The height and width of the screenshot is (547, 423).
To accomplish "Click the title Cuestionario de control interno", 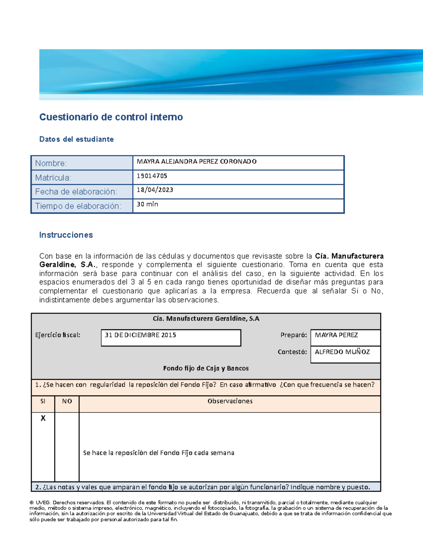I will pyautogui.click(x=111, y=117).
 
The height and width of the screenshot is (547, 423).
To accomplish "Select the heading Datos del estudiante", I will pyautogui.click(x=76, y=139).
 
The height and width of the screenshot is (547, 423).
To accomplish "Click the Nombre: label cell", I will pyautogui.click(x=82, y=163).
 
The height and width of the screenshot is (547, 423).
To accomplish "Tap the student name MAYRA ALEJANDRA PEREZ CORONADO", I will pyautogui.click(x=197, y=162).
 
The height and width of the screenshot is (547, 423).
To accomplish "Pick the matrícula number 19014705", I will pyautogui.click(x=152, y=176).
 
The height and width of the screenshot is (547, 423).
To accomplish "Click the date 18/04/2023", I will pyautogui.click(x=155, y=190).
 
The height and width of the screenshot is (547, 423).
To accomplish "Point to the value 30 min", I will pyautogui.click(x=147, y=204).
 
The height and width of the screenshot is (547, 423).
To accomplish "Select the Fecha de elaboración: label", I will pyautogui.click(x=76, y=192).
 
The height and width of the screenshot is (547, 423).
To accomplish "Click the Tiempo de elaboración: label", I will pyautogui.click(x=78, y=206).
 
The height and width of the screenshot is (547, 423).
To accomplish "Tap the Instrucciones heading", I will pyautogui.click(x=66, y=235).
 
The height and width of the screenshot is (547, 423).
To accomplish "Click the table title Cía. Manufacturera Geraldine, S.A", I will pyautogui.click(x=206, y=319).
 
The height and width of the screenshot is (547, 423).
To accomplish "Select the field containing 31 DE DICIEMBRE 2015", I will pyautogui.click(x=171, y=337).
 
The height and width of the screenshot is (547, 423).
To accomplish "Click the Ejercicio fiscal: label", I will pyautogui.click(x=58, y=335).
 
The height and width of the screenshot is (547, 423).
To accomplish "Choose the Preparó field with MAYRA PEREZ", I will pyautogui.click(x=345, y=337).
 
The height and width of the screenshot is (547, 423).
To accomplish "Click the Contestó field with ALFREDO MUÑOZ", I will pyautogui.click(x=345, y=354).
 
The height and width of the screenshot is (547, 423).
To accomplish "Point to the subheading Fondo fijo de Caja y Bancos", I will pyautogui.click(x=206, y=368).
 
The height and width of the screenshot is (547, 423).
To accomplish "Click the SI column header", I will pyautogui.click(x=43, y=401).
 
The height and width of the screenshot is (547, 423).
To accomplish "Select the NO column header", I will pyautogui.click(x=67, y=401).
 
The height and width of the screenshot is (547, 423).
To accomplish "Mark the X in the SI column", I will pyautogui.click(x=43, y=418).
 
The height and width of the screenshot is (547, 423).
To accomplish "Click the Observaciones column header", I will pyautogui.click(x=230, y=401).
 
